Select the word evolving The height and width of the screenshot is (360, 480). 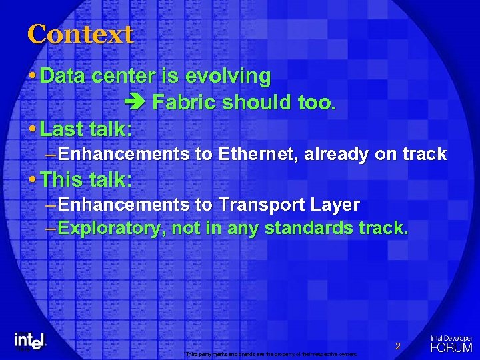click(x=228, y=77)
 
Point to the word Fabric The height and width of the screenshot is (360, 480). click(x=185, y=103)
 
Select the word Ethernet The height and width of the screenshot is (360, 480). click(x=258, y=154)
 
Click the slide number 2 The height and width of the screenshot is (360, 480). click(x=397, y=346)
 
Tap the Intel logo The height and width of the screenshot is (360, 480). click(x=29, y=340)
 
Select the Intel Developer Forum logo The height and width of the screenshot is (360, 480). click(x=451, y=343)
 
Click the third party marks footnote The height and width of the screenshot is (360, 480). click(x=271, y=353)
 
